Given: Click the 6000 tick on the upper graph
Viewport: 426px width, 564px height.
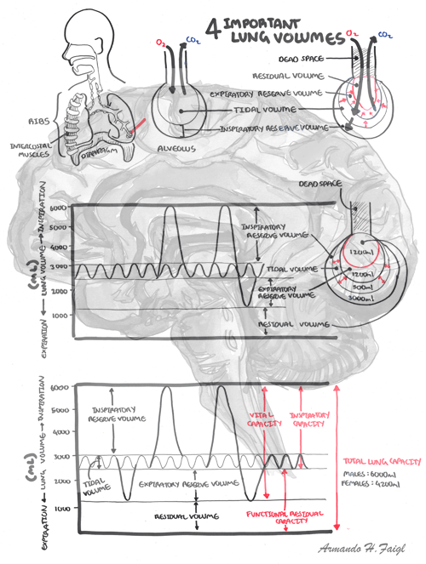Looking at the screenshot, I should pos(57,208).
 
